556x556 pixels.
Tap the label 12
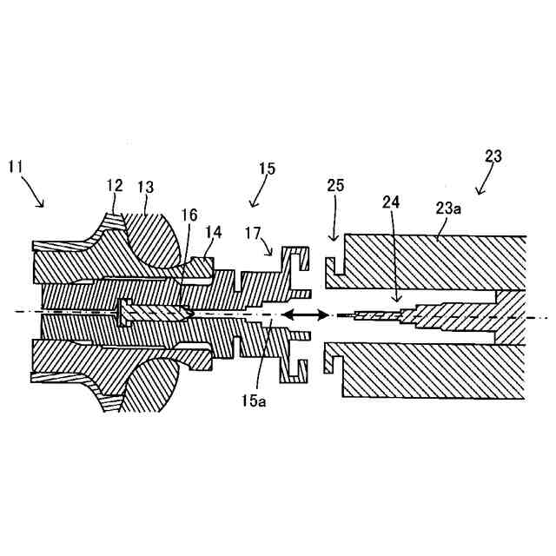pos(116,186)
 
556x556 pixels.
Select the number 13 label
pos(145,186)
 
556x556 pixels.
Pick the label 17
pos(252,232)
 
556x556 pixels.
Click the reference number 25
pos(335,187)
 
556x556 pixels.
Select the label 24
pos(390,202)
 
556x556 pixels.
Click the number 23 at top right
pos(493,156)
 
